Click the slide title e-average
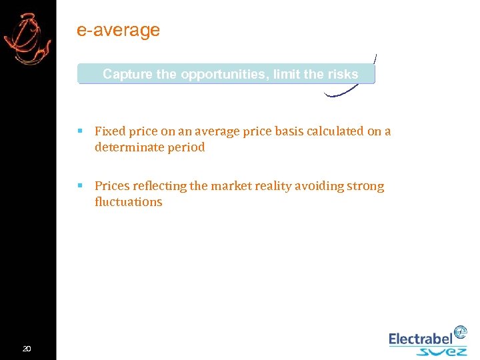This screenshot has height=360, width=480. (119, 31)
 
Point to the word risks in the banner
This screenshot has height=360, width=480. (343, 74)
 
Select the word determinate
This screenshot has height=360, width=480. (128, 147)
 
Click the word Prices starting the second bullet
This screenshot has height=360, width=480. (112, 186)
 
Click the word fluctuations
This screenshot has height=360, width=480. (129, 202)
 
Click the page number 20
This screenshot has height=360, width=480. (27, 349)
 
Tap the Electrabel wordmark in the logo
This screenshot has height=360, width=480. (421, 339)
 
